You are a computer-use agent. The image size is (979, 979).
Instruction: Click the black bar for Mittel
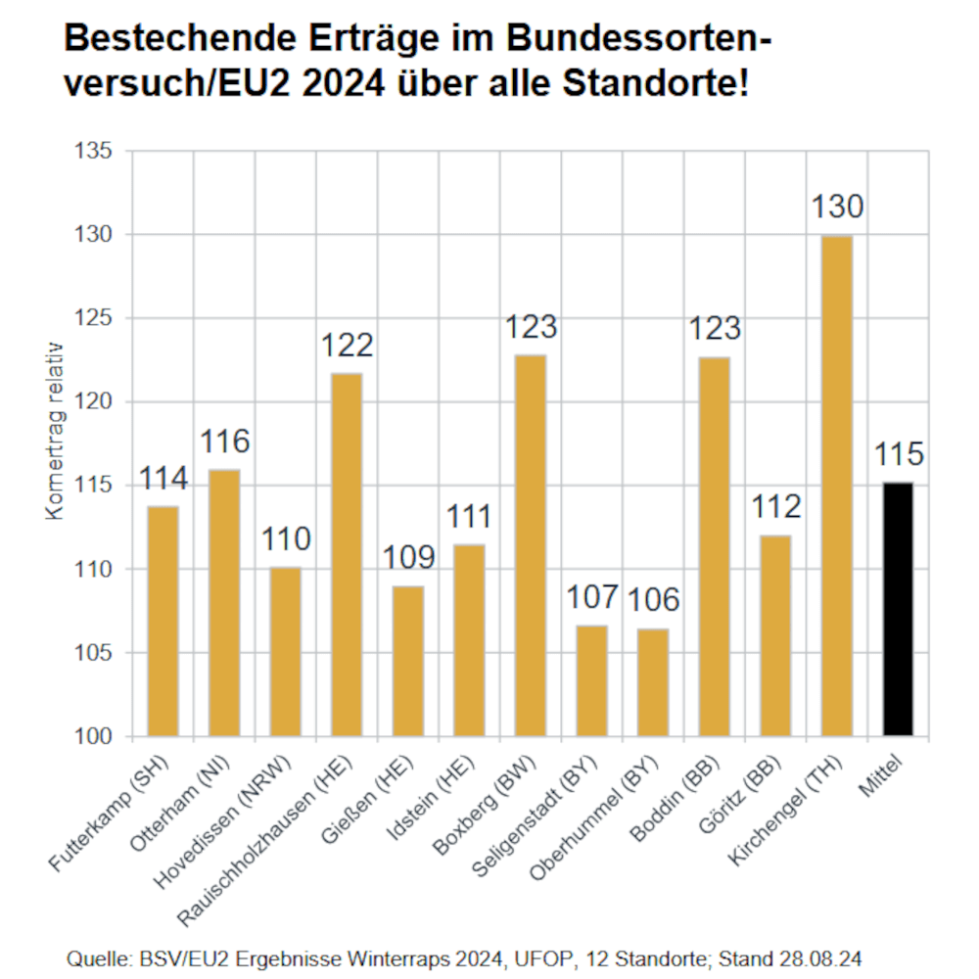tap(898, 609)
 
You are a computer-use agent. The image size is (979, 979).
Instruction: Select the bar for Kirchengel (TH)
tap(837, 486)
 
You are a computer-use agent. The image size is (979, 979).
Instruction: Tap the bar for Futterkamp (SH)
tap(163, 621)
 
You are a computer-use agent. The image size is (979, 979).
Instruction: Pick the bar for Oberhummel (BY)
tap(653, 682)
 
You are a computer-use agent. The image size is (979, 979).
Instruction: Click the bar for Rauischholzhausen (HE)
tap(347, 554)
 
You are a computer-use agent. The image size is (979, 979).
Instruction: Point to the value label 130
tap(838, 208)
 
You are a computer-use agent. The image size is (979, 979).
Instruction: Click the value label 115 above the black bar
tap(898, 455)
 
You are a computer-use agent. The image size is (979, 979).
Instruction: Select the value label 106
tap(653, 599)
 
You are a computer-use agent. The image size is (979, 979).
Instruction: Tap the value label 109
tap(408, 557)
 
